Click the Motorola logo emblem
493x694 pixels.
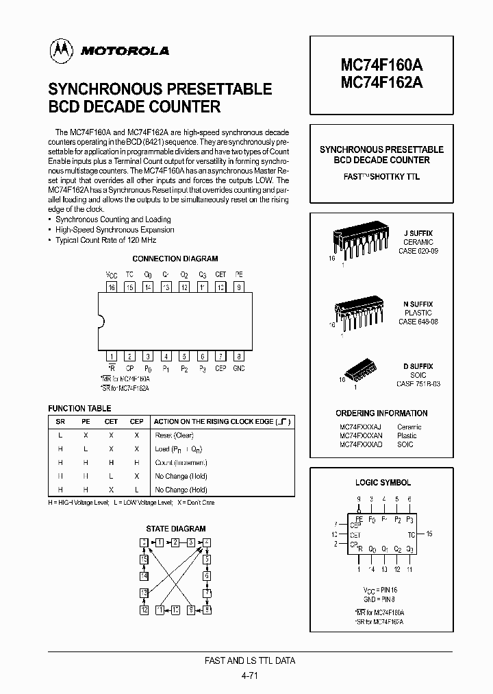click(60, 50)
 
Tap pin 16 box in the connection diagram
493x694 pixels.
click(112, 287)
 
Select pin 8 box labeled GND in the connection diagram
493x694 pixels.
click(238, 356)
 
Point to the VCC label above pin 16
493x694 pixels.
click(112, 274)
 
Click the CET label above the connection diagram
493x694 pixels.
click(220, 274)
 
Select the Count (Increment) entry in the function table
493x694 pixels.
click(181, 462)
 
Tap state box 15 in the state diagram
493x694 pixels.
click(144, 559)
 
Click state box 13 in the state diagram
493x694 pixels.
click(144, 593)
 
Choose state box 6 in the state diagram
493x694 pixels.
click(207, 576)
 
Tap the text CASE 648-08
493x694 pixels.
click(418, 322)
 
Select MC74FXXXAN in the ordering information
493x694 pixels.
click(361, 435)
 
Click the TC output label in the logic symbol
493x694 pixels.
click(410, 533)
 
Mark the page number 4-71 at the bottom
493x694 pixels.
click(250, 675)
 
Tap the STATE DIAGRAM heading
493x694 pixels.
click(175, 529)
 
